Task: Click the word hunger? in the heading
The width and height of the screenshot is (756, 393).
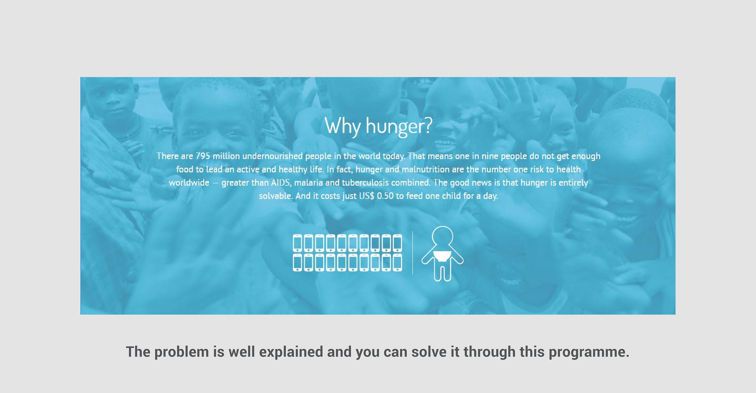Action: point(399,126)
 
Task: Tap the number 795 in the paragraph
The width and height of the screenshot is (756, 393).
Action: point(203,156)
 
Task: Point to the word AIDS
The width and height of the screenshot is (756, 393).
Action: point(281,183)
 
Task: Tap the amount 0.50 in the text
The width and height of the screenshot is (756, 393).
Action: point(385,196)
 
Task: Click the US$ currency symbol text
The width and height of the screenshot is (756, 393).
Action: point(367,196)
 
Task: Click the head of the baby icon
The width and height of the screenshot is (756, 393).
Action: point(442,237)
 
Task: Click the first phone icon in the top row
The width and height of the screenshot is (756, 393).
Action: point(297,243)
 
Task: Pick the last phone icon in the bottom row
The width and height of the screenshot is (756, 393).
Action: point(397,263)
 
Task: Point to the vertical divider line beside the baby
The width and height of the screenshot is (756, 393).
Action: point(412,252)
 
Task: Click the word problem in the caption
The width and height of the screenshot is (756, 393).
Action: point(181,352)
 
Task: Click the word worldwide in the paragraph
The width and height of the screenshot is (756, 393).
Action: point(189,183)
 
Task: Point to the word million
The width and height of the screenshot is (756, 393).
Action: point(226,156)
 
